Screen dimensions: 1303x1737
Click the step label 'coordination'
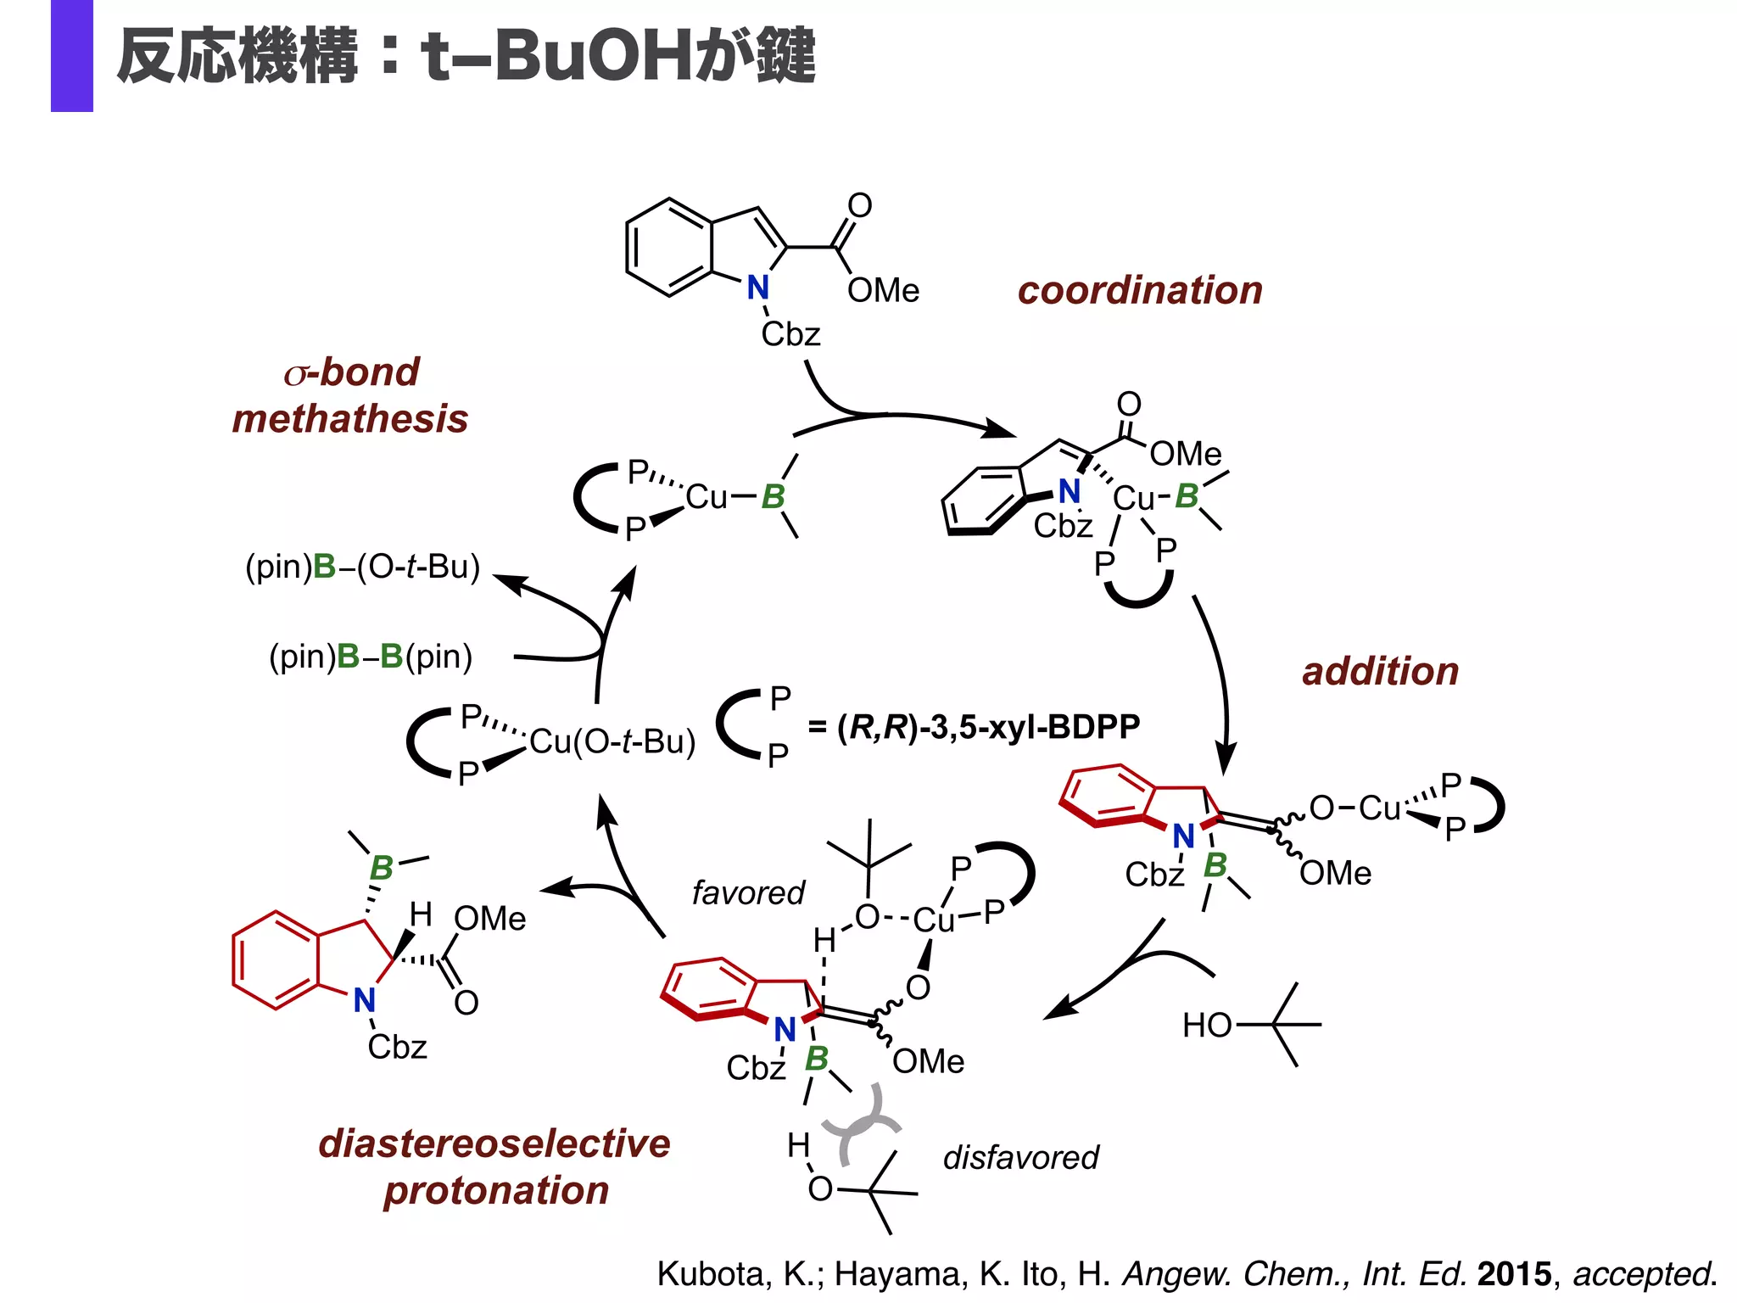[x=1139, y=291]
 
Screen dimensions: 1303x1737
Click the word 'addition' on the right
[x=1380, y=672]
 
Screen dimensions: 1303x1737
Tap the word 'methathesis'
[x=349, y=419]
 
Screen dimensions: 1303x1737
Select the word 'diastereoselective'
[x=494, y=1144]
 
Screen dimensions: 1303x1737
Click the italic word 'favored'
[x=747, y=893]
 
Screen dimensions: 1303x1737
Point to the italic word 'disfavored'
[x=1020, y=1158]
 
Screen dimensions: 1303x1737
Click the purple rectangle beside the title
[x=72, y=56]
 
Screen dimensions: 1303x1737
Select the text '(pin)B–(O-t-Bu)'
[x=362, y=567]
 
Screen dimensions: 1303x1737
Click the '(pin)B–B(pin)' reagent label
[x=371, y=657]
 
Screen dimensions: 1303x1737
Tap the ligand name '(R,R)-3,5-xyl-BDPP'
[x=988, y=727]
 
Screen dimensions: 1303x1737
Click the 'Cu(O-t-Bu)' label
[x=612, y=742]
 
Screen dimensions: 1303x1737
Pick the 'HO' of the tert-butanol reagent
[x=1206, y=1026]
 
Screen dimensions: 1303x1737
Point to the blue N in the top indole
[x=757, y=288]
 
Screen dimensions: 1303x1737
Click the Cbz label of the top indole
[x=790, y=334]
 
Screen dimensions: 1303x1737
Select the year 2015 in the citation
[x=1514, y=1274]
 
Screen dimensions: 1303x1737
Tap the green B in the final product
[x=381, y=868]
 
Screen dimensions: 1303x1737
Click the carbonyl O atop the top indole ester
[x=859, y=205]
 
